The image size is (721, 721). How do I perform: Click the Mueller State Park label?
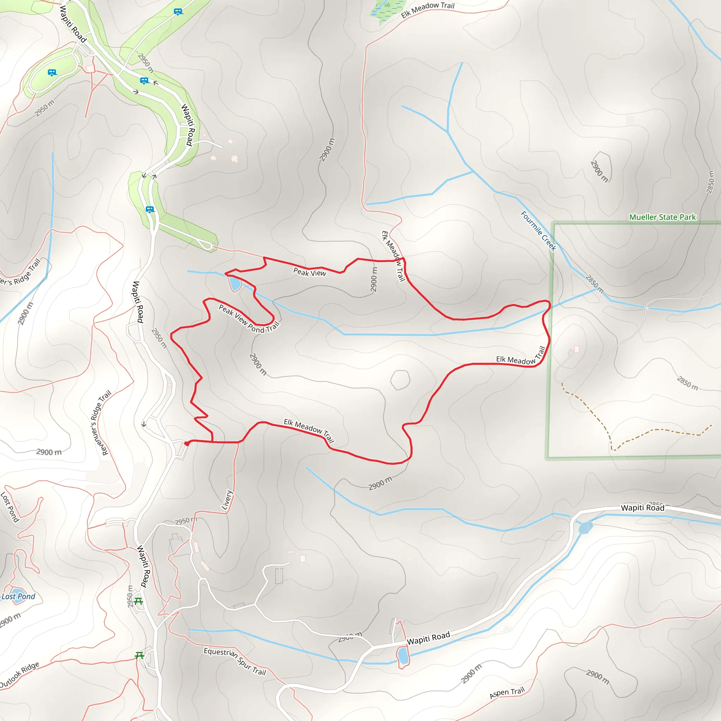(662, 217)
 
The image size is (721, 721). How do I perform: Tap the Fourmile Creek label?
(538, 231)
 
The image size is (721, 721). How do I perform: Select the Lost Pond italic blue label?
(18, 596)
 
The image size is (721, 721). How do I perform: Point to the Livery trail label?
(227, 500)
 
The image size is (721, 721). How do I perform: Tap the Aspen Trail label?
(507, 692)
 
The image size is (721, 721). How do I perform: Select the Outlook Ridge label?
(19, 675)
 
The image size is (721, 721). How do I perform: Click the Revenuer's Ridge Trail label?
(101, 423)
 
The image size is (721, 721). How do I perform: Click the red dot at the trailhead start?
(187, 443)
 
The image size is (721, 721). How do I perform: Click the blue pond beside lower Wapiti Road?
(402, 656)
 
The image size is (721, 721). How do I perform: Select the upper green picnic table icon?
(138, 601)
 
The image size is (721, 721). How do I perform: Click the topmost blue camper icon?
(178, 12)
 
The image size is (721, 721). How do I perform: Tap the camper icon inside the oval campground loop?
(52, 73)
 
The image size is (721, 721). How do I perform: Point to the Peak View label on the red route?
(309, 272)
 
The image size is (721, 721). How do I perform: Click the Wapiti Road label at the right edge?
(642, 508)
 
